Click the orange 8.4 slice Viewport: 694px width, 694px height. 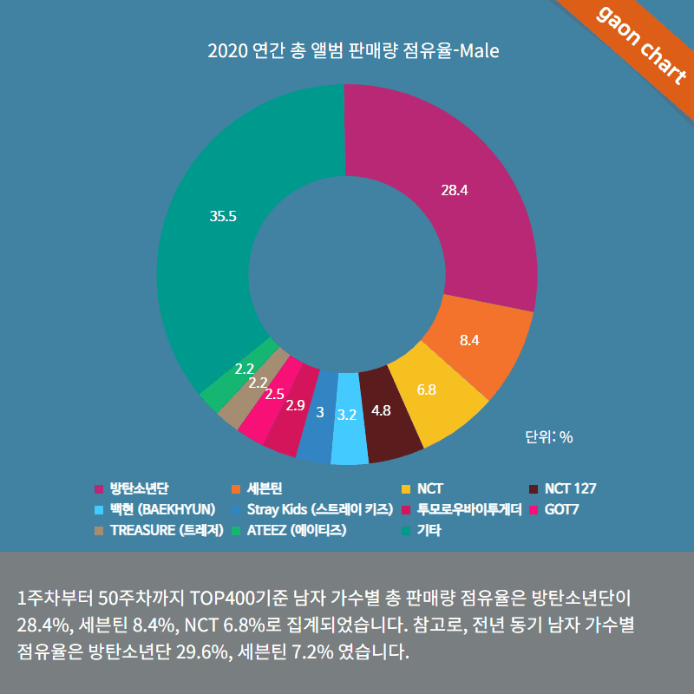tap(473, 338)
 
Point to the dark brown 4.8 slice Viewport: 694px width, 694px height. tap(382, 412)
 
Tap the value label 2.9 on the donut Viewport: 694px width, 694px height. tap(295, 405)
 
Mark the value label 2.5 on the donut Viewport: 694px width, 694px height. tap(274, 394)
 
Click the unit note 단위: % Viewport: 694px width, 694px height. tap(549, 437)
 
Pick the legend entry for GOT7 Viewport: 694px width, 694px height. tap(561, 508)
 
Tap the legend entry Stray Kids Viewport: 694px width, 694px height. tap(320, 508)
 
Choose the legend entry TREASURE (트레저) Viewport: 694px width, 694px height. tap(167, 529)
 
